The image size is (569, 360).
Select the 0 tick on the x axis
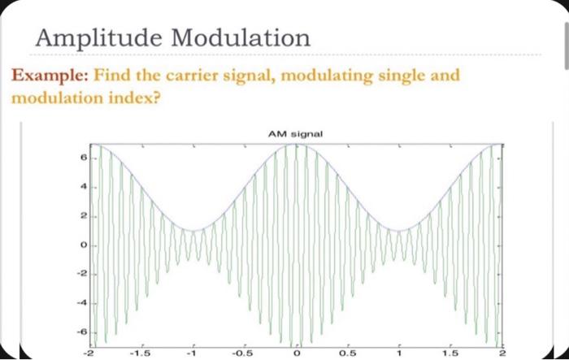(297, 353)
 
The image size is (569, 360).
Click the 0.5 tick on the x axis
(349, 353)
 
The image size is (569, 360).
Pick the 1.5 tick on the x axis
(452, 353)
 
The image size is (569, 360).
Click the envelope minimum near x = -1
(193, 231)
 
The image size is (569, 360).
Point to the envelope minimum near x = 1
(400, 231)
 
